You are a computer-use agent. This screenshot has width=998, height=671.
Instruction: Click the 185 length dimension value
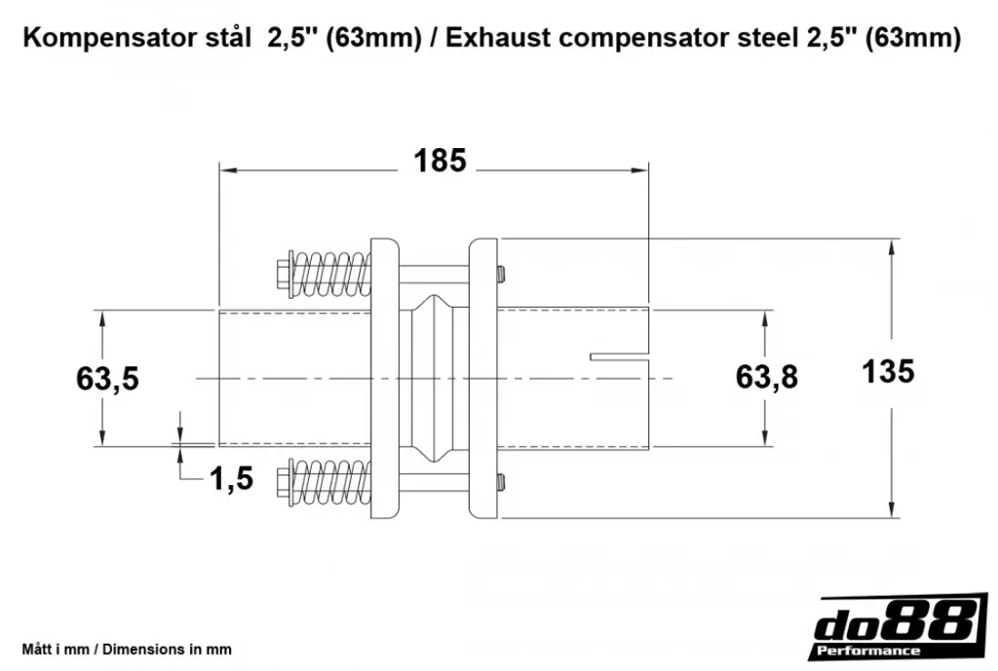(x=440, y=161)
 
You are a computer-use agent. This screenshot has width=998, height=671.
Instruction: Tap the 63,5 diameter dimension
(x=107, y=379)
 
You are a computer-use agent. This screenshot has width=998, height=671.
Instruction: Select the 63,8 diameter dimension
(x=766, y=377)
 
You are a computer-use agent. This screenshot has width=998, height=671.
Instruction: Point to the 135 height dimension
(x=888, y=371)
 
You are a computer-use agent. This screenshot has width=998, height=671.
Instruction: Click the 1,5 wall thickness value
(x=232, y=478)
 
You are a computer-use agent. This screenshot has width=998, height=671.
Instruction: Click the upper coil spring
(x=331, y=275)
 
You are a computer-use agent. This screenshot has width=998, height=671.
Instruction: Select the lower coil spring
(x=331, y=482)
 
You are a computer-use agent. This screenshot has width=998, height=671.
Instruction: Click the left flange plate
(x=384, y=379)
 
